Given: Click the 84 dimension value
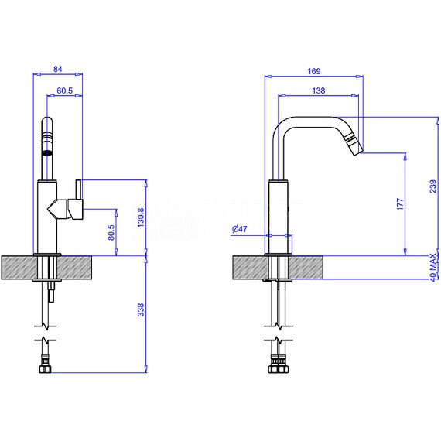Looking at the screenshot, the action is coord(58,69).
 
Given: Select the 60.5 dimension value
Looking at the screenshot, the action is coord(65,91).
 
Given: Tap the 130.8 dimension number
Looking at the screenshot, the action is coord(141,217).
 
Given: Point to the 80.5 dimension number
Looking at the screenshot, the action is coord(111,232).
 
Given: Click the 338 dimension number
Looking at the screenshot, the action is coord(141,309).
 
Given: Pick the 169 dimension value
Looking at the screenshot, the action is coord(314,71).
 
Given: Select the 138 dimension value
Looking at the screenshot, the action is coord(319,91).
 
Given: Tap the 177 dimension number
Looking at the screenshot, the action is coord(400,204).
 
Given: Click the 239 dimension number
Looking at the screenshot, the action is coord(433,186).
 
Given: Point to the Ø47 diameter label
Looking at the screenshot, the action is coord(240,229).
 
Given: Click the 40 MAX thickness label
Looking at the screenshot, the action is coord(433,267).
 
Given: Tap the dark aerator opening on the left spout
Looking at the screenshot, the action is coord(47,153).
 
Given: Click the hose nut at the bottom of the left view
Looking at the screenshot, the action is coord(46,369).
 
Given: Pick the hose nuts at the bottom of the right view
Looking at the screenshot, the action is coord(279,369).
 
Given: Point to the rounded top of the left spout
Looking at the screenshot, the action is coord(47,121).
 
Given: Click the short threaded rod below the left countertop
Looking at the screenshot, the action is coord(51,292).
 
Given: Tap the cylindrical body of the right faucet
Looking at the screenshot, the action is coord(279,217).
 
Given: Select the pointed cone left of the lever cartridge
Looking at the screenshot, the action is coord(53,209).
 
